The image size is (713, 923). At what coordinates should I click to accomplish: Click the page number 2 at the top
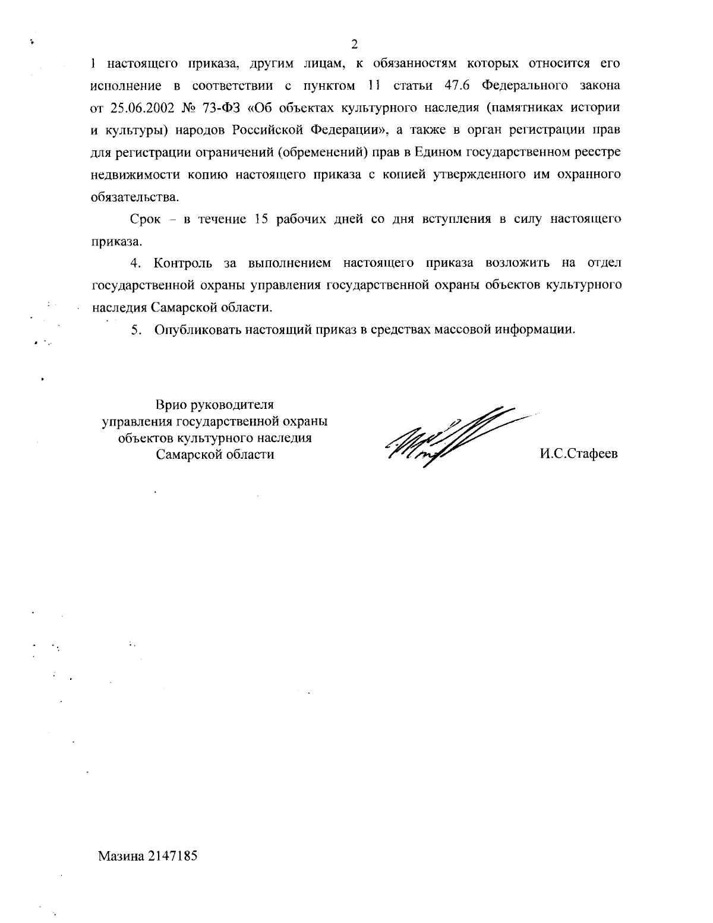tap(355, 43)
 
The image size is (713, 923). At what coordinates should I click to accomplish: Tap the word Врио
tap(171, 405)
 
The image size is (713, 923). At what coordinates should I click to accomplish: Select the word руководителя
tap(232, 405)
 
